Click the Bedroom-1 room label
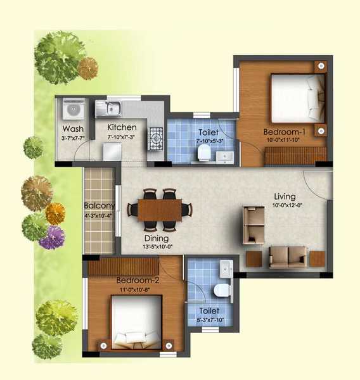[284, 132]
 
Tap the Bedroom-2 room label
[137, 280]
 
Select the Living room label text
[285, 196]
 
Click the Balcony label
[99, 206]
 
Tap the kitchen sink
[109, 109]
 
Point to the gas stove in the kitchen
[156, 139]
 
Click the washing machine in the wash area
[72, 111]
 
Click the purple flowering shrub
[51, 237]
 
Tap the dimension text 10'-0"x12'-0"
[285, 206]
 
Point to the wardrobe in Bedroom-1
[295, 156]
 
